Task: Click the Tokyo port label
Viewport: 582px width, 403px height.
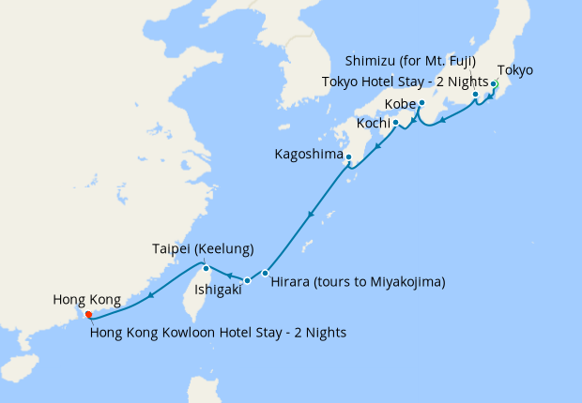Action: (514, 70)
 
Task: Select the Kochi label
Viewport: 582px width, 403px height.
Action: (374, 123)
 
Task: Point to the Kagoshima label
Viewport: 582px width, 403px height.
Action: (308, 154)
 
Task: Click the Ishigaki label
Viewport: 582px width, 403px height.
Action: (218, 291)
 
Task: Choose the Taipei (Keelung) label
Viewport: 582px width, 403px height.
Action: (203, 249)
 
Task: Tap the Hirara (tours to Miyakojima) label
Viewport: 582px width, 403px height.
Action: (358, 281)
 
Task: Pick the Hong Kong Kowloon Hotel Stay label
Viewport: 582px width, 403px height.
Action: (219, 332)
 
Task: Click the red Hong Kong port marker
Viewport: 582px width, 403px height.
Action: (88, 315)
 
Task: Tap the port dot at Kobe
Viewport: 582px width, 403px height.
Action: (422, 102)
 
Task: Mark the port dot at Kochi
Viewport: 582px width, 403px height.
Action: (395, 122)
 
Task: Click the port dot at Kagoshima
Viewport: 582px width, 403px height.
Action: (347, 157)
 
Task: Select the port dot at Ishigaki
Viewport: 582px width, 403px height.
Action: (247, 280)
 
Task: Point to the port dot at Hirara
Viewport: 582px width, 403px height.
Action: (266, 273)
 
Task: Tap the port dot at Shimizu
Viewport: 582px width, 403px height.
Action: (476, 94)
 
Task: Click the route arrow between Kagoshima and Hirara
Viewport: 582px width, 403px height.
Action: (311, 216)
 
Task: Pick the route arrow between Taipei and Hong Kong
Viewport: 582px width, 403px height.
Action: (149, 298)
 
